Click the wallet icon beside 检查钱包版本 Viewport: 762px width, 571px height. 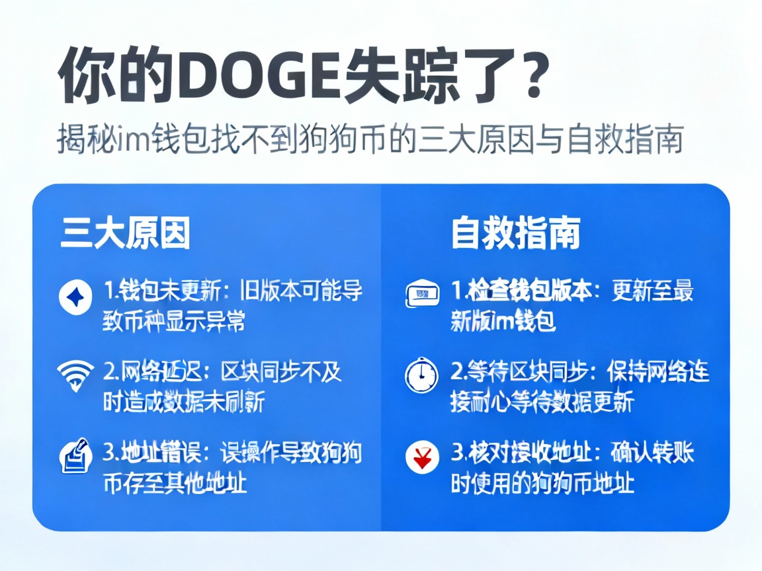coord(421,294)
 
